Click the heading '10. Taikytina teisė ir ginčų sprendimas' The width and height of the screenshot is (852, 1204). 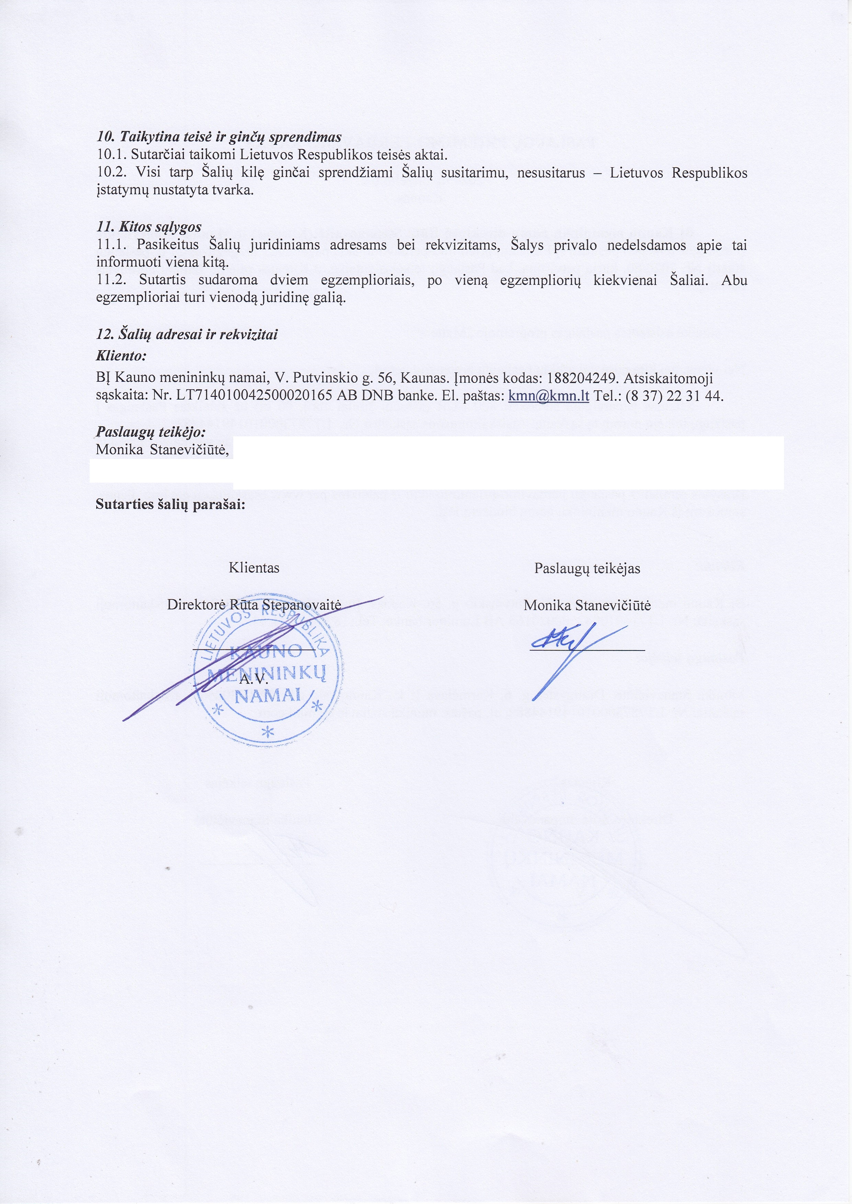point(219,137)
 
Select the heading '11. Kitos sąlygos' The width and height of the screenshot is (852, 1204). point(149,227)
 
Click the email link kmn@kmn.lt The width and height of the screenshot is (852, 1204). point(549,396)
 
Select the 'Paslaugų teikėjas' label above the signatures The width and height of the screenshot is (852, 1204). point(587,569)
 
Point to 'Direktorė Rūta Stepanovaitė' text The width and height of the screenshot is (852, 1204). point(254,605)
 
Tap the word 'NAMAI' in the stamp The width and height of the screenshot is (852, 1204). point(268,696)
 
